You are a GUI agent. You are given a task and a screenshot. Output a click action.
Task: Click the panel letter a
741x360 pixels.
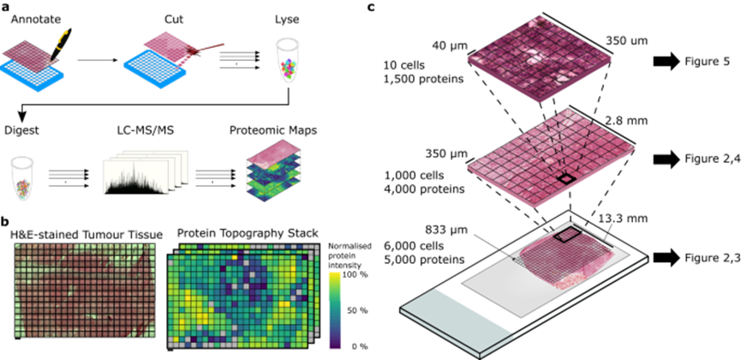(5, 7)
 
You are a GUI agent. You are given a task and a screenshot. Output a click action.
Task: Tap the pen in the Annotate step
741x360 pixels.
(61, 45)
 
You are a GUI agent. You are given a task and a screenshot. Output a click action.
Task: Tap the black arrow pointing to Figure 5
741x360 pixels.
(665, 61)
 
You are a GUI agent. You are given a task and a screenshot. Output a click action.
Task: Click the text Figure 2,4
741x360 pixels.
(704, 159)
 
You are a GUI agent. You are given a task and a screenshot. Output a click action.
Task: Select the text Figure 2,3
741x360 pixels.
(704, 257)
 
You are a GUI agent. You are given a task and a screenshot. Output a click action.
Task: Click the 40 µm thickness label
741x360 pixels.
(450, 46)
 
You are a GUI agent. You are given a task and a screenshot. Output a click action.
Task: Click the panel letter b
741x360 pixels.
(5, 221)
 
